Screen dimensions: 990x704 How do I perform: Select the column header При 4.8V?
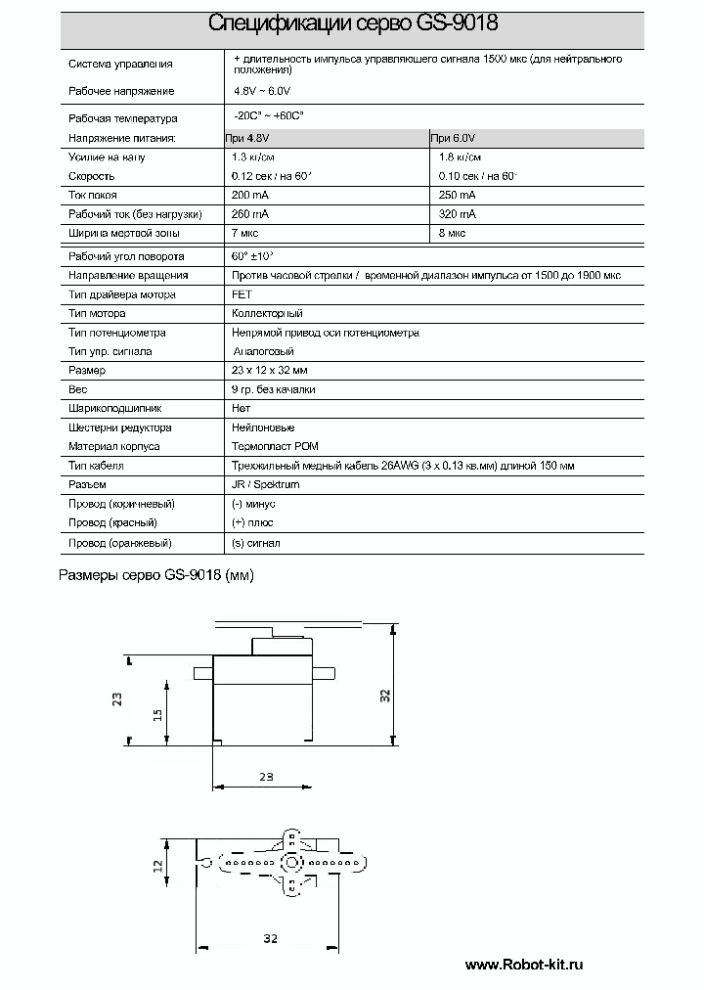tap(246, 138)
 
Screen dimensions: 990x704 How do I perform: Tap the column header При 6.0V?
tap(453, 138)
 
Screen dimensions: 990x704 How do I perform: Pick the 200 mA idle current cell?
tap(249, 196)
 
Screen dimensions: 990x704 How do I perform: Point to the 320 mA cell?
tap(458, 214)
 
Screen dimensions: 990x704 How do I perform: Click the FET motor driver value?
tap(241, 294)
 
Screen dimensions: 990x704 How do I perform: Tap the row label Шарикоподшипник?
tap(114, 408)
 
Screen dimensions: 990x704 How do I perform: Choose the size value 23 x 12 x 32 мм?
tap(269, 371)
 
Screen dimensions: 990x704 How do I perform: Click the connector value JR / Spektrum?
tap(265, 484)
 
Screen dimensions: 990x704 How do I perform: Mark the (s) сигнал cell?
tap(256, 543)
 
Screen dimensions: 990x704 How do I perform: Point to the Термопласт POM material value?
tap(276, 446)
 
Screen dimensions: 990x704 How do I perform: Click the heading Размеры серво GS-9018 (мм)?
tap(156, 576)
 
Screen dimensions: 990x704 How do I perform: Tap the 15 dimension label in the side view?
tap(157, 714)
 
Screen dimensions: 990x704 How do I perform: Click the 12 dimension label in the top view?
tap(157, 864)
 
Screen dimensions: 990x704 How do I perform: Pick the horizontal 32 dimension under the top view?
tap(271, 938)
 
